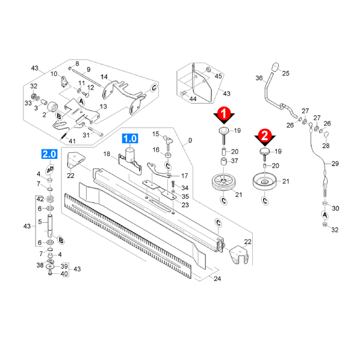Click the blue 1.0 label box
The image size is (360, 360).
pos(130,138)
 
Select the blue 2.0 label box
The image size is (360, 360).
pos(49,154)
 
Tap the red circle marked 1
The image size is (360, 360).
pos(224,113)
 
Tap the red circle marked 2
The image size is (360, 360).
pos(265,135)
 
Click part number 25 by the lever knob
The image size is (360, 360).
pos(285,73)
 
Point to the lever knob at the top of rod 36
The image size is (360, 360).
pos(275,67)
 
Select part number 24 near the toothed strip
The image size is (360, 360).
pos(217,279)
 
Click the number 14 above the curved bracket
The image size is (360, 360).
pos(104,76)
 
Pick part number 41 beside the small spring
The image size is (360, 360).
pos(72,141)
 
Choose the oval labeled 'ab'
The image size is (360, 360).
pos(50,170)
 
